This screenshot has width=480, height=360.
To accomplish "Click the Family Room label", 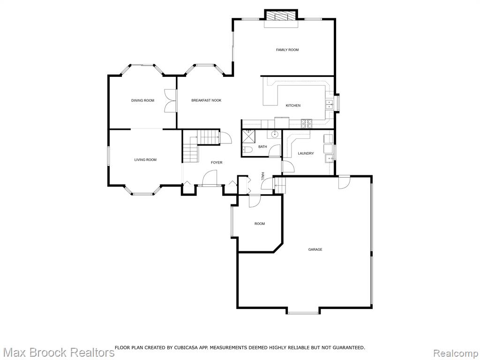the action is coord(287,50).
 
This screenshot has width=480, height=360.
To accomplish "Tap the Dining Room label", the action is coord(142,100).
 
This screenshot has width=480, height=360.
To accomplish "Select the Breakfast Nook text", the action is coord(206,100).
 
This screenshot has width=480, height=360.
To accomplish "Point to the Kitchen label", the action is coord(293,105).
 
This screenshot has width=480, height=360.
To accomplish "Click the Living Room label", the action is coord(145,159).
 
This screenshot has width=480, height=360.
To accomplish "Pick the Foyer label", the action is coord(217,162).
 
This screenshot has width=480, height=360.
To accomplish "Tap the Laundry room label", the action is coord(306,153).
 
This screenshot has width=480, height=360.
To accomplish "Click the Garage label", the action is coord(315,249).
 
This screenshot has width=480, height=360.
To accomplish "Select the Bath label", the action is coord(262,147).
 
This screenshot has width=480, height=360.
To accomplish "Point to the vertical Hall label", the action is coord(262,176).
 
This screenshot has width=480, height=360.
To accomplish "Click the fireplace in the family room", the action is coord(281,15).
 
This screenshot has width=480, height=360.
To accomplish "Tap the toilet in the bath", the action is coord(247,150).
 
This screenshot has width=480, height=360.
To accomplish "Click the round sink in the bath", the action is coord(275,134).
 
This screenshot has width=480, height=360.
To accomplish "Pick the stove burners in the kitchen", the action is coord(307,123).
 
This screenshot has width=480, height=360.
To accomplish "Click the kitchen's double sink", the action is coord(329,105).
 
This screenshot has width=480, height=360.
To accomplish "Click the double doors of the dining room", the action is coord(171,100).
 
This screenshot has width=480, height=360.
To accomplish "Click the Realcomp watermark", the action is coord(456,352).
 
